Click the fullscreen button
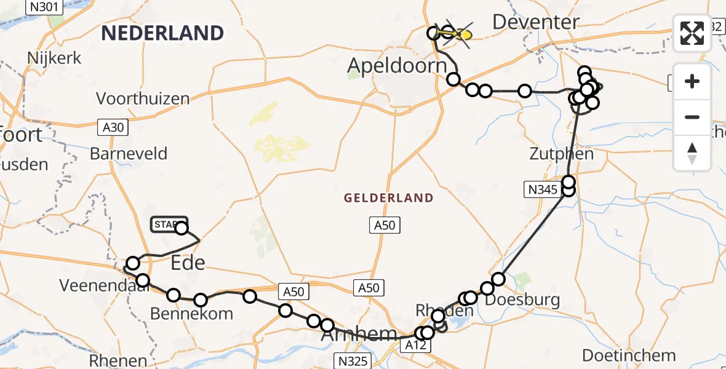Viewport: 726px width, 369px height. pyautogui.click(x=692, y=33)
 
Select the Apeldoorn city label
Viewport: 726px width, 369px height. pyautogui.click(x=397, y=66)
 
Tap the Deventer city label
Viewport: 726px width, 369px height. pyautogui.click(x=536, y=23)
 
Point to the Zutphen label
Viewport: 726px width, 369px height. pyautogui.click(x=562, y=153)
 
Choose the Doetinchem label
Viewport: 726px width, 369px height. pyautogui.click(x=629, y=355)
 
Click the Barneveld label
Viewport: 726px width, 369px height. pyautogui.click(x=129, y=153)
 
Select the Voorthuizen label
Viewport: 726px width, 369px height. pyautogui.click(x=143, y=98)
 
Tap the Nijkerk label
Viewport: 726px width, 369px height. pyautogui.click(x=54, y=58)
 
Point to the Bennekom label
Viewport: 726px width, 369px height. pyautogui.click(x=192, y=314)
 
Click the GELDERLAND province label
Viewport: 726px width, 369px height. pyautogui.click(x=389, y=198)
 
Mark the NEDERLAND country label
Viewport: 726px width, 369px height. pyautogui.click(x=162, y=33)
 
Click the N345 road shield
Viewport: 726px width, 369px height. pyautogui.click(x=541, y=191)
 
